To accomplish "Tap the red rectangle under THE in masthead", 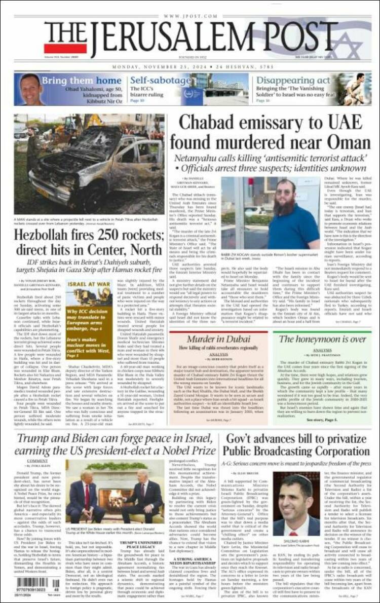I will pos(58,48).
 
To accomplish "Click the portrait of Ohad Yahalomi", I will pos(31,89).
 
